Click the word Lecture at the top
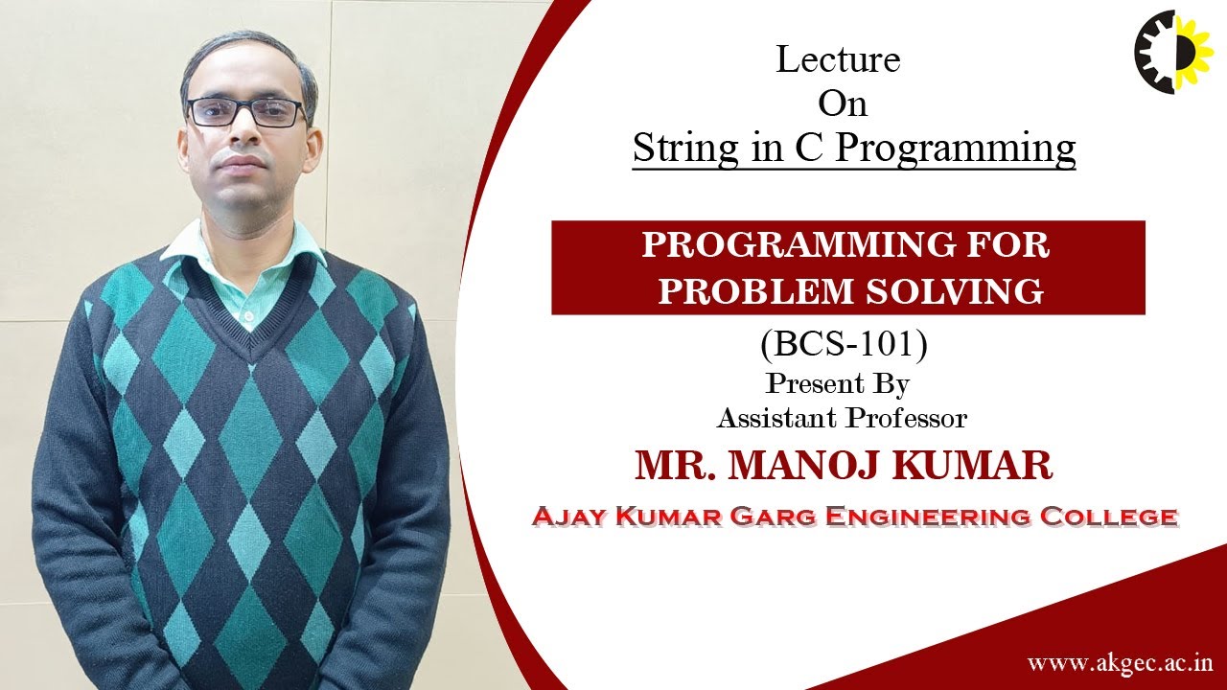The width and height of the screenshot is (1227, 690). click(838, 60)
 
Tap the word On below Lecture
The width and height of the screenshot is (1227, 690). click(843, 103)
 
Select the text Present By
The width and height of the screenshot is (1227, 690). click(837, 384)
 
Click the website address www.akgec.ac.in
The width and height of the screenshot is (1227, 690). click(1120, 663)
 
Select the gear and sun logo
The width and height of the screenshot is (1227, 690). click(1173, 52)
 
